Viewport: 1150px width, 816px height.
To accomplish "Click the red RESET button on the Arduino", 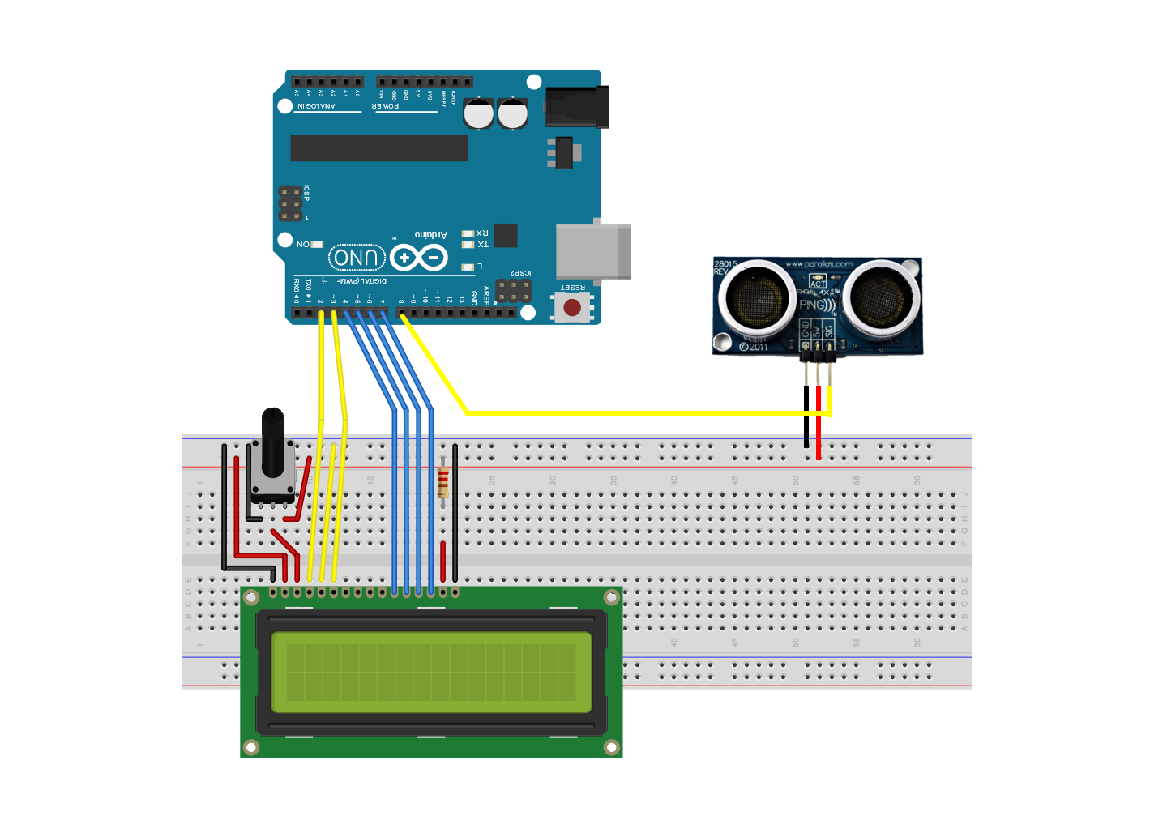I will [572, 307].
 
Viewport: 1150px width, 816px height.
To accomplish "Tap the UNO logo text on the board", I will [357, 258].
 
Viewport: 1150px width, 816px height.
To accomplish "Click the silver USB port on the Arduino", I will [592, 251].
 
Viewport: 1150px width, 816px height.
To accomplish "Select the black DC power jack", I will [577, 107].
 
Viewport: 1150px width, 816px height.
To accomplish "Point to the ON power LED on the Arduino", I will [317, 244].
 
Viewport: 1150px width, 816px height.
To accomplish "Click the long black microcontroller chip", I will [378, 148].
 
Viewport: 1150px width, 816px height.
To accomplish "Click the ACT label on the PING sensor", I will [818, 283].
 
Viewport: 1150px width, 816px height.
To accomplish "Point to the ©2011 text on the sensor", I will [754, 347].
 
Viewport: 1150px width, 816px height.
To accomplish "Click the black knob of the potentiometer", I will [273, 442].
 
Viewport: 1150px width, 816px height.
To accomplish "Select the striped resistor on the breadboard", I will [442, 483].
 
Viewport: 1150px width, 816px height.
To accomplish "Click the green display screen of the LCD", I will [431, 672].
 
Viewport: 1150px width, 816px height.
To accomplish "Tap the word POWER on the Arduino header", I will [386, 106].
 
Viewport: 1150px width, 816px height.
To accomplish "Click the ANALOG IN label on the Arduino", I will [316, 106].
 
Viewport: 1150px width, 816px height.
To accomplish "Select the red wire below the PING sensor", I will [819, 421].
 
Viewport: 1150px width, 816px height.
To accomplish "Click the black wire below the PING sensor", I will [806, 417].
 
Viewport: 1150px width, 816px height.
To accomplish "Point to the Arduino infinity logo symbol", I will [418, 258].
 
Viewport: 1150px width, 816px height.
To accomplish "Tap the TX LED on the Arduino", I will [468, 244].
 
